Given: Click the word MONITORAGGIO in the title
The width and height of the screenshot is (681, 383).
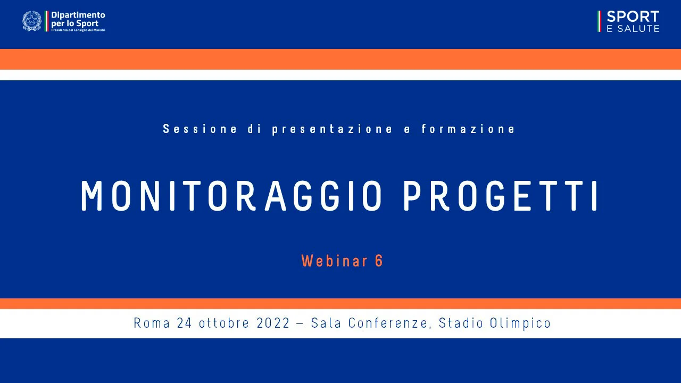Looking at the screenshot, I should pos(231,196).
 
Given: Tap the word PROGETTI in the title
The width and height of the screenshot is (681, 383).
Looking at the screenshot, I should pos(501,196).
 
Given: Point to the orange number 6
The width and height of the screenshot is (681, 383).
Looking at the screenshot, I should pos(379,261).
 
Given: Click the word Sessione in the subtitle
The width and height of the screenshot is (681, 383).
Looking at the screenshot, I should pos(200,129).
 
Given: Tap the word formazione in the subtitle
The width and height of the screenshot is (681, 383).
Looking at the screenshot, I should pos(468,129).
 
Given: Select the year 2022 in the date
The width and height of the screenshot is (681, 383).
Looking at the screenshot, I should pos(273,323).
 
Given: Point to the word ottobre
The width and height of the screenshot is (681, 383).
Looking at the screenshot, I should pos(223,323).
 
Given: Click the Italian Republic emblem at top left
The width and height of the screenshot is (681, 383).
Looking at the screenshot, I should pos(31,21).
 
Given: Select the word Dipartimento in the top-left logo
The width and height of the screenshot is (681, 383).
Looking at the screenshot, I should pos(78,15).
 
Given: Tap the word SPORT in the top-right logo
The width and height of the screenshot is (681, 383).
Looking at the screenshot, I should pos(633,16).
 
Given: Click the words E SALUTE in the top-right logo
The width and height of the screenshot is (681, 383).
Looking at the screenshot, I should pos(633,29).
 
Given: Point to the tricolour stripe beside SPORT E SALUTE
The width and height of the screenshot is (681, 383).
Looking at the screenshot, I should pos(599,21).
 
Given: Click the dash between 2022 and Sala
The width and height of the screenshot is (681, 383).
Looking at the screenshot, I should pos(301,323).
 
